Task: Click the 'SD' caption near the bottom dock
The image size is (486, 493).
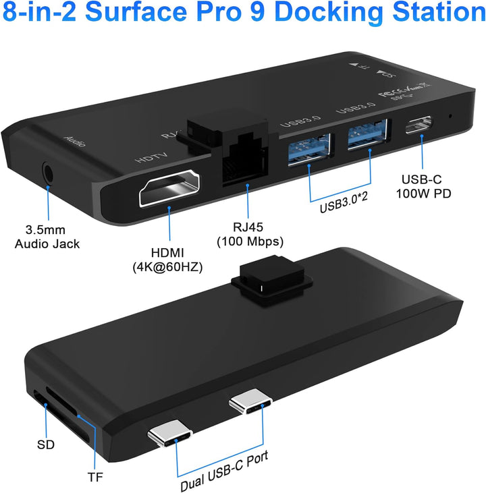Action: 45,445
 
